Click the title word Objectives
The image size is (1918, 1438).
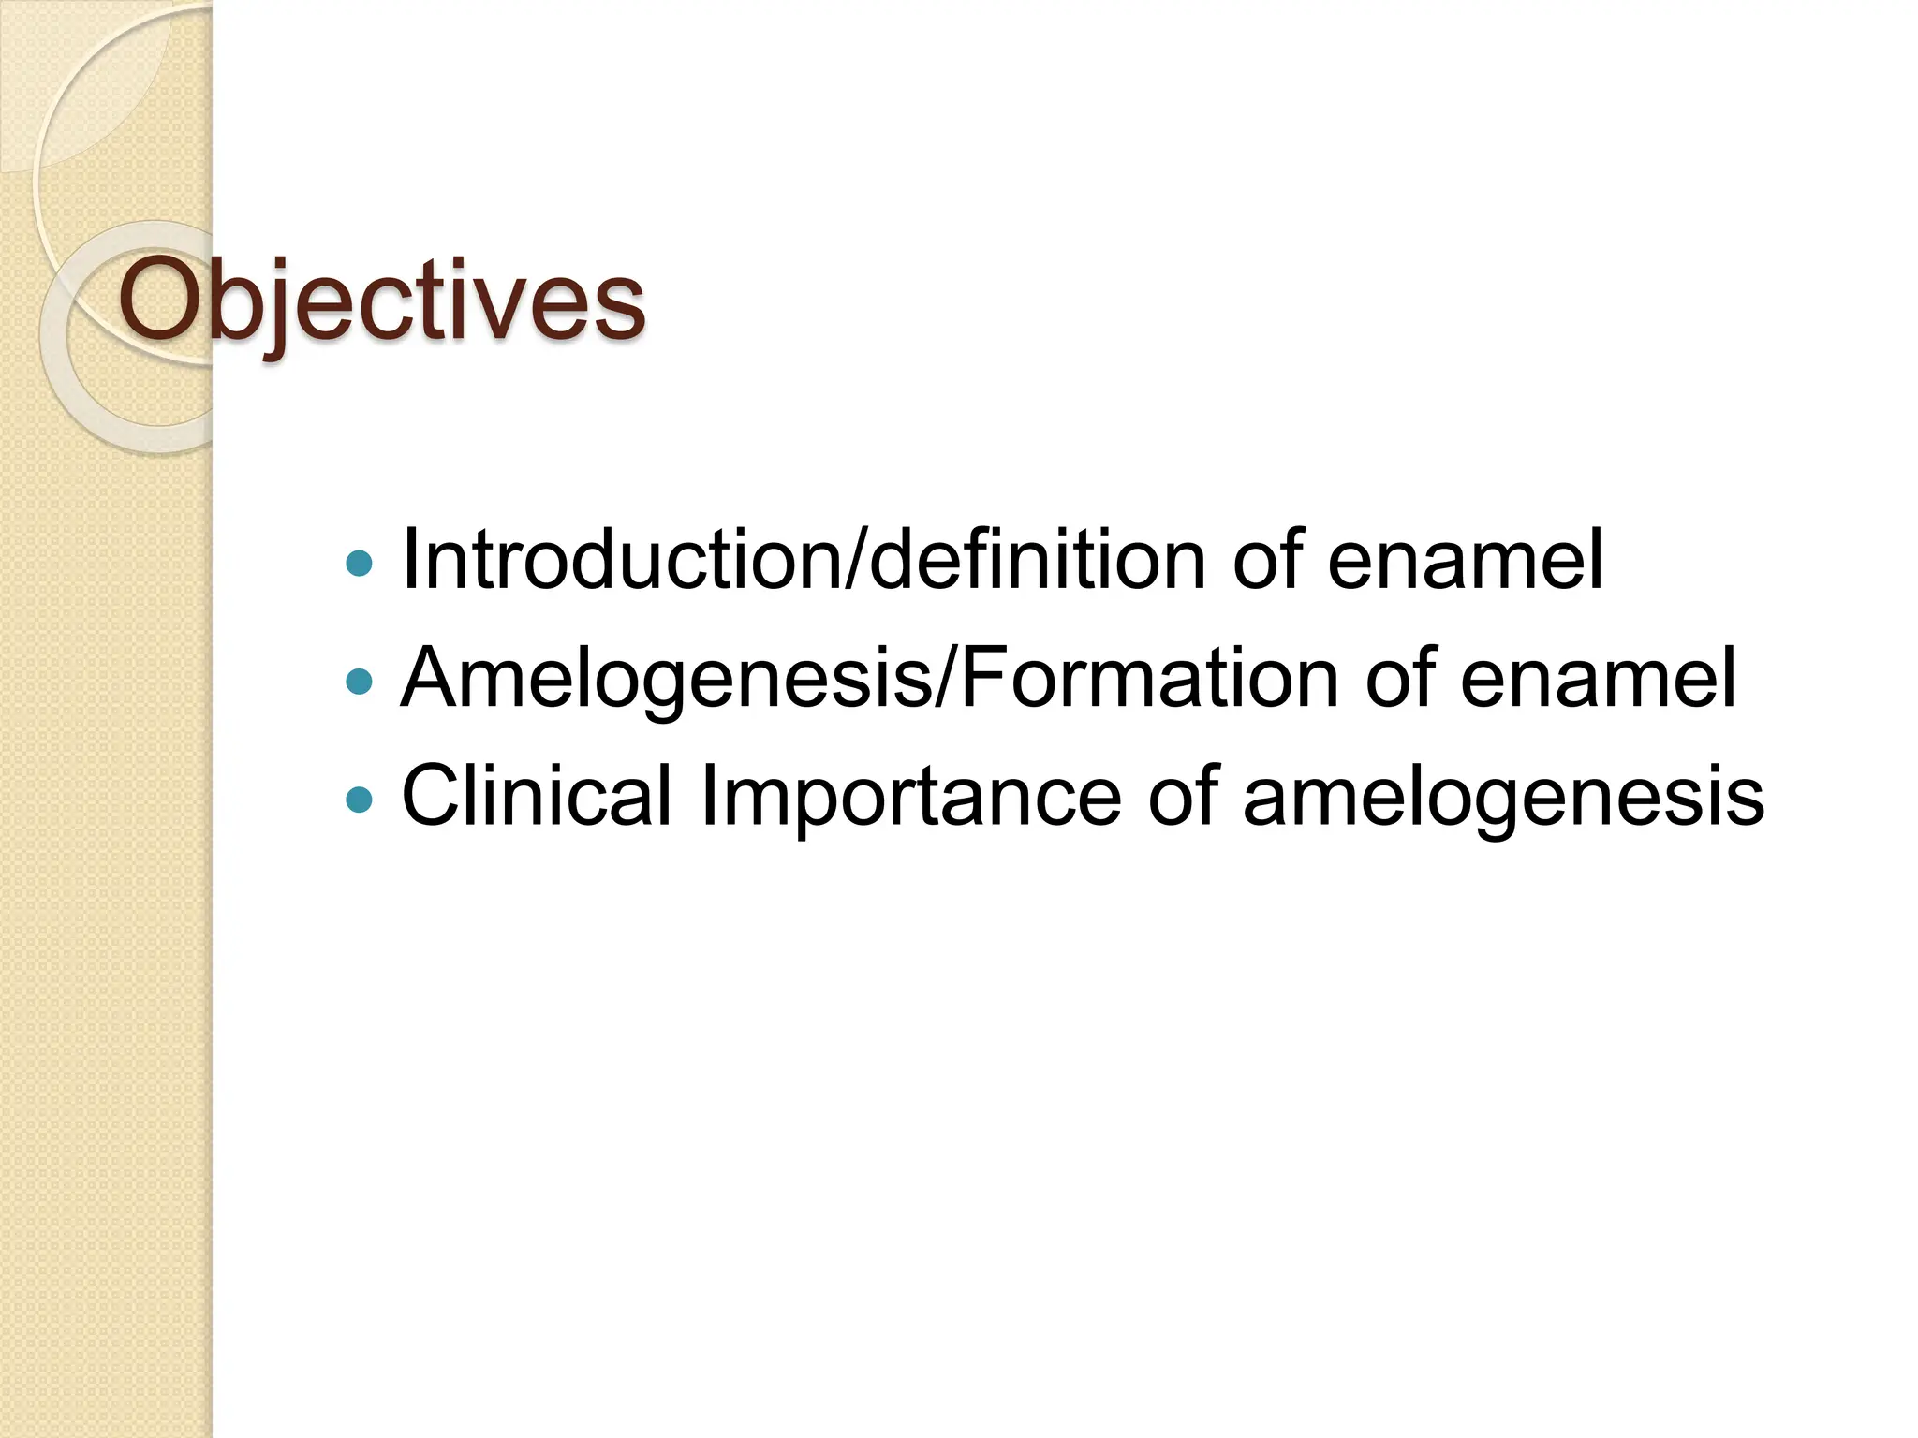(x=381, y=301)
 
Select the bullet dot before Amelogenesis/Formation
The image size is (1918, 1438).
(x=359, y=681)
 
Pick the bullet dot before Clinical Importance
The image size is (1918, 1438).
(x=359, y=799)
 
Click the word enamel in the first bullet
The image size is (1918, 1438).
(x=1465, y=561)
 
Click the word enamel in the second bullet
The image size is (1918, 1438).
(x=1598, y=679)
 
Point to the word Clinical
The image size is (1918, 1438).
(x=537, y=797)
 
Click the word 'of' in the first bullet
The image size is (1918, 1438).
(x=1267, y=561)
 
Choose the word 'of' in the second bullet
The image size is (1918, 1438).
(x=1400, y=679)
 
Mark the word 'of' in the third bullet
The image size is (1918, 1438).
(x=1183, y=797)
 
